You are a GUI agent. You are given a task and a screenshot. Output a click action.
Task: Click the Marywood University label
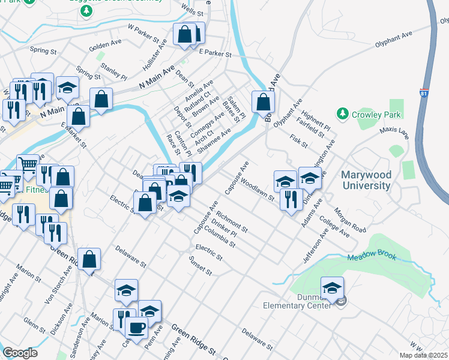coord(366,180)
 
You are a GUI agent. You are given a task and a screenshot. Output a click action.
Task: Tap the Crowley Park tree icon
coord(343,113)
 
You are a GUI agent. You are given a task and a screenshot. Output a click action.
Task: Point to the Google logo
coord(20,353)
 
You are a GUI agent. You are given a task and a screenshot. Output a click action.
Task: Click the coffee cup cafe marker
coord(136,327)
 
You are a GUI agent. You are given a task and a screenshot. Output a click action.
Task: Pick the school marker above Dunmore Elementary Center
coord(332,287)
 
